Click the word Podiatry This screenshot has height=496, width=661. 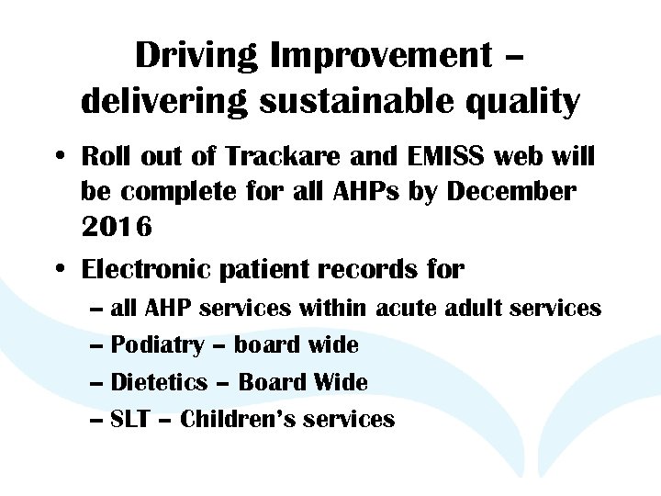(x=157, y=345)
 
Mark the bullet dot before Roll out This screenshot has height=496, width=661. (x=58, y=158)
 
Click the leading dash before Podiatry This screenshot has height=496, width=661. (x=98, y=346)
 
